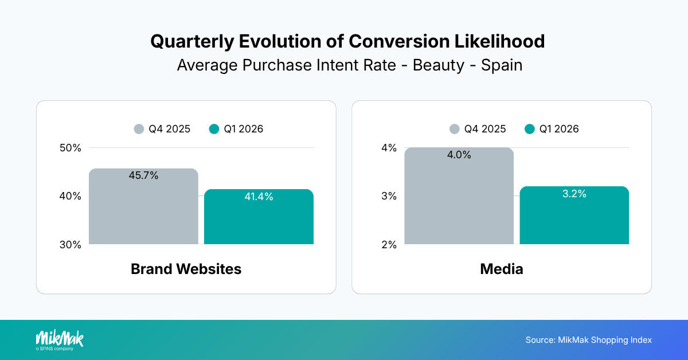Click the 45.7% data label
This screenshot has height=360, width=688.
click(x=143, y=175)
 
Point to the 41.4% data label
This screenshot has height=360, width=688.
click(x=259, y=197)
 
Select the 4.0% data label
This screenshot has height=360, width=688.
click(x=459, y=155)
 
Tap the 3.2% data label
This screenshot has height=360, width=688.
click(x=574, y=194)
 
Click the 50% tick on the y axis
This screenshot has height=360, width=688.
click(x=70, y=148)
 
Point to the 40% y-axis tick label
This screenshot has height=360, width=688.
click(x=70, y=196)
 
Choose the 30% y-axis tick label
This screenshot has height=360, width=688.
click(x=70, y=245)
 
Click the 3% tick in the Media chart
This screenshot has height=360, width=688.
click(x=389, y=196)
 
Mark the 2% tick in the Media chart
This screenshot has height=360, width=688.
click(x=389, y=245)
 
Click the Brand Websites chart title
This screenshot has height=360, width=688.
click(x=186, y=269)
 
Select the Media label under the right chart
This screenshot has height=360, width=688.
click(x=501, y=269)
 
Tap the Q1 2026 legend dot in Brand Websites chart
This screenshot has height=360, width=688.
click(x=214, y=129)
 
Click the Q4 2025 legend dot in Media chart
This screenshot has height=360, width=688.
click(x=455, y=129)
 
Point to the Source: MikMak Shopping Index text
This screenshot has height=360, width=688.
click(x=588, y=340)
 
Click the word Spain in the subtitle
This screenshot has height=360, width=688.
click(x=502, y=65)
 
